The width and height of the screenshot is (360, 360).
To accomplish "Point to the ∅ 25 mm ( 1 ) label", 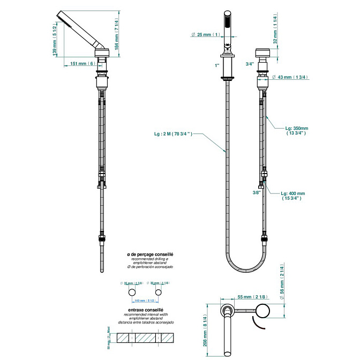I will click(206, 35).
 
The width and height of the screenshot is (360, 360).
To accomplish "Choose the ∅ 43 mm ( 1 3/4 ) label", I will click(289, 77).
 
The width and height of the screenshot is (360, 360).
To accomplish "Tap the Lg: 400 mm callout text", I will click(293, 195).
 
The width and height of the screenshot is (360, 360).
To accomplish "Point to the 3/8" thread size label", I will click(257, 192).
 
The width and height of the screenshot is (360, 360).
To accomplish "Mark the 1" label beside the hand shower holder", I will click(217, 65).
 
